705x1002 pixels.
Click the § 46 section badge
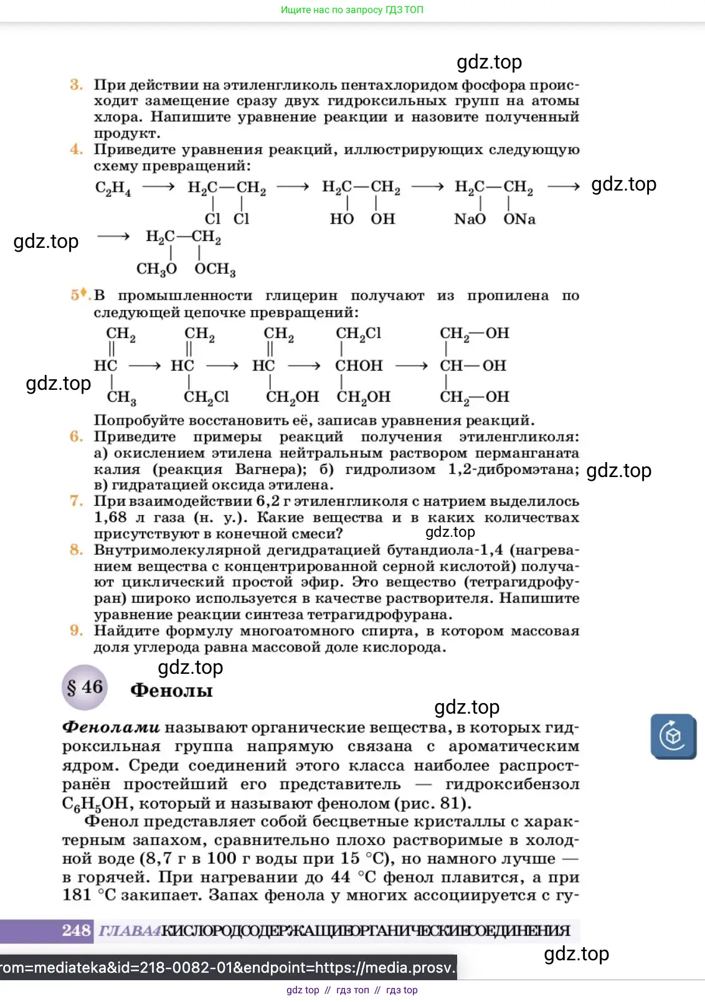pos(85,688)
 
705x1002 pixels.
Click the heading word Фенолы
pos(171,691)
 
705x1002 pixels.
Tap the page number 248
pos(76,930)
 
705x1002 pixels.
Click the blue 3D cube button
pos(673,736)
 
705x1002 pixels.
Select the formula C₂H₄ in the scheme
pos(113,188)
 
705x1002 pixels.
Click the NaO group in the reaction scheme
pos(470,219)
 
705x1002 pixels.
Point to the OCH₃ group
pos(215,269)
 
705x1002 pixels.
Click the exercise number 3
pos(76,85)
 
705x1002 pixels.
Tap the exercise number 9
pos(76,631)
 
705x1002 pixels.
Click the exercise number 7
pos(76,501)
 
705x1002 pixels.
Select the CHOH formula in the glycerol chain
pos(359,366)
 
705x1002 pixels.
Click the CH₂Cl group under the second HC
pos(206,397)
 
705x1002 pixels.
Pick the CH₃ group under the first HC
pos(121,397)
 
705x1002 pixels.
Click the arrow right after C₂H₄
pos(158,187)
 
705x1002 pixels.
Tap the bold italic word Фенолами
pos(111,727)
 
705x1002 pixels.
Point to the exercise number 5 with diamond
pos(80,295)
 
